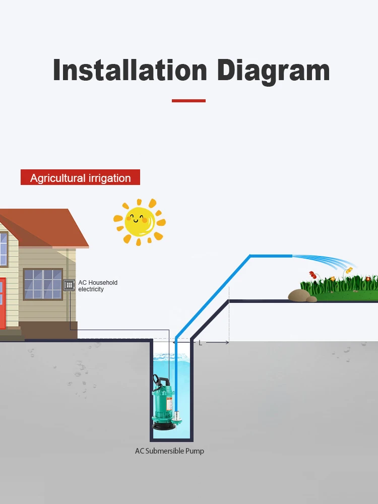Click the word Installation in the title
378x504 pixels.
(x=130, y=70)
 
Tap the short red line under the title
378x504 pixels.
(x=188, y=101)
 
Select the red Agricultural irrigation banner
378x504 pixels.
(x=80, y=178)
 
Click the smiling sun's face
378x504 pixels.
(x=139, y=221)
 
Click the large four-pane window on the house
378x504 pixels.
(x=43, y=284)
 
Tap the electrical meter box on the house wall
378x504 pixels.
(x=70, y=285)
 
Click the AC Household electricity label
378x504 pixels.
(x=98, y=286)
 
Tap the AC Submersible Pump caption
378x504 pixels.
(x=169, y=451)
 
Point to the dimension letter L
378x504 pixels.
(x=200, y=343)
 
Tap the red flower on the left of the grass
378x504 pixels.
(x=312, y=275)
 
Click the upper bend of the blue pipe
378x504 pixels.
(x=250, y=256)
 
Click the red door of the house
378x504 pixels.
(x=2, y=302)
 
